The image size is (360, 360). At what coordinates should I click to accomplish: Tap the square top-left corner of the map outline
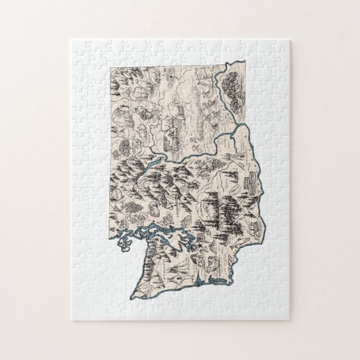point(109,67)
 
